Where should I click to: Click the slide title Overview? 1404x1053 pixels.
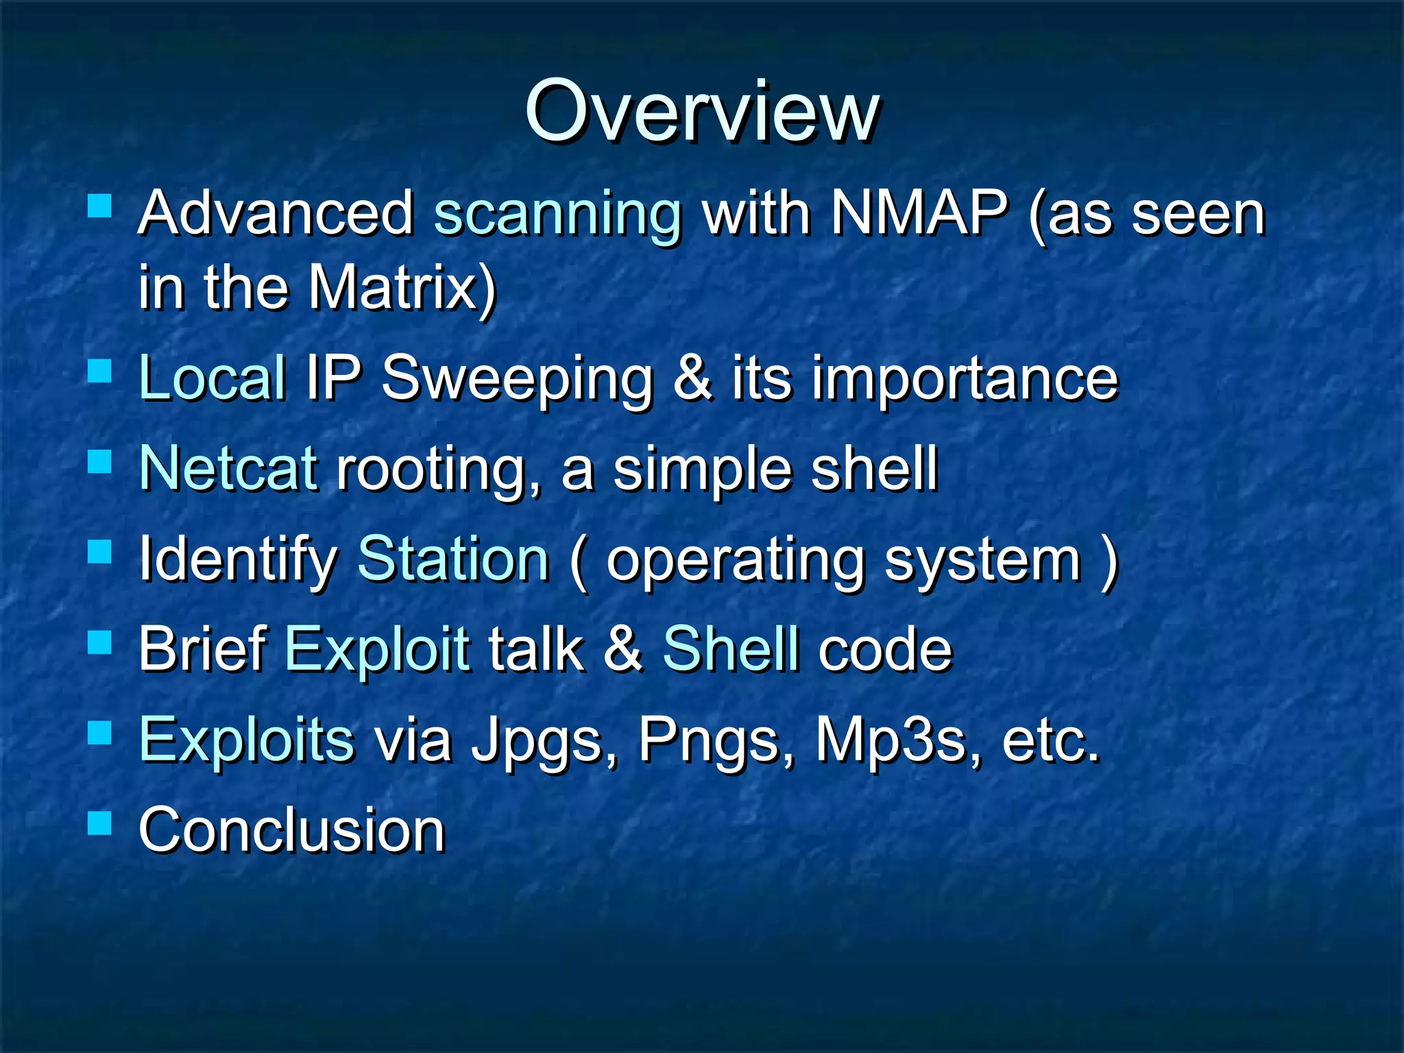point(701,111)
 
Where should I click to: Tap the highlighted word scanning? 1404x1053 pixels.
point(557,215)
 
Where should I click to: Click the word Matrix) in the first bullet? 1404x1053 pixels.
point(402,287)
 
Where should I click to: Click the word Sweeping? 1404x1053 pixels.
point(517,379)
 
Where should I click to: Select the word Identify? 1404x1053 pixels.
point(237,560)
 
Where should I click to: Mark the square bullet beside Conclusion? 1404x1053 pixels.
point(100,823)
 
